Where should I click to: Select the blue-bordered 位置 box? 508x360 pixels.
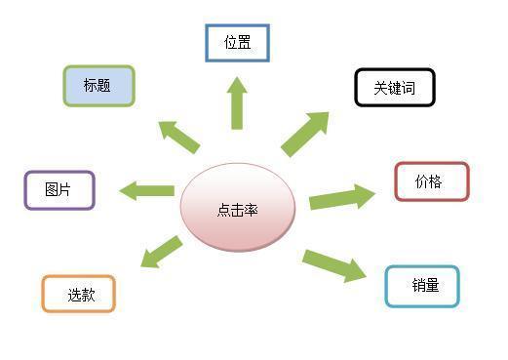click(237, 43)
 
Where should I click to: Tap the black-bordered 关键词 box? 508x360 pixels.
click(394, 88)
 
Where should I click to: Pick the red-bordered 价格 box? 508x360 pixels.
click(431, 181)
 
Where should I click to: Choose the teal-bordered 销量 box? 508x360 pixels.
click(421, 286)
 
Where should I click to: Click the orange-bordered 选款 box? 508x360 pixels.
click(79, 294)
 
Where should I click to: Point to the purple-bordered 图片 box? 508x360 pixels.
click(59, 190)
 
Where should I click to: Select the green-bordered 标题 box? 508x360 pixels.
click(98, 86)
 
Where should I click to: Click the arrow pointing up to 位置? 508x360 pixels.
click(237, 103)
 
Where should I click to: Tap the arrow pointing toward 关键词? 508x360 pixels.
click(306, 133)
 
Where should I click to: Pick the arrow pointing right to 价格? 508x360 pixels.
click(341, 197)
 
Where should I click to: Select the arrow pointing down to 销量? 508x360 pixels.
click(333, 264)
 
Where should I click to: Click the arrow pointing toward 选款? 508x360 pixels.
click(162, 251)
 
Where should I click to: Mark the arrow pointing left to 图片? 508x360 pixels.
click(146, 190)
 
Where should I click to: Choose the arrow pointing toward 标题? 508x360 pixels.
click(179, 136)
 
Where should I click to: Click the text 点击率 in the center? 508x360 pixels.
click(237, 209)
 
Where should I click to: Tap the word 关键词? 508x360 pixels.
click(394, 88)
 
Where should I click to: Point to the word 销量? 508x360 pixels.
click(425, 286)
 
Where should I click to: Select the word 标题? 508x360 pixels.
click(97, 86)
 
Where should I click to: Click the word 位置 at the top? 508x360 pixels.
click(238, 43)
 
